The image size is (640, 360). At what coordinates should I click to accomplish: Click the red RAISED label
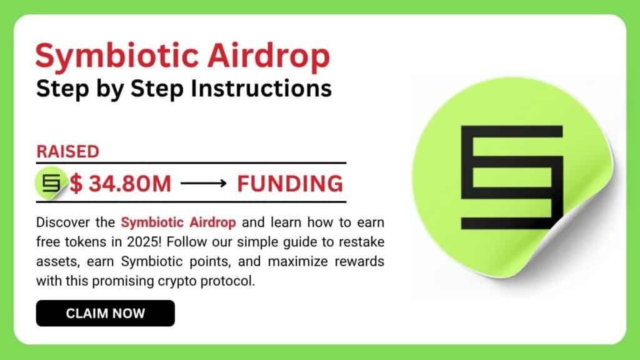pos(67,151)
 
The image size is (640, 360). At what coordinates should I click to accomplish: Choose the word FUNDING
pos(290,184)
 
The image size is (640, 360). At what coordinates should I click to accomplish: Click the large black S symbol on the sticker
pos(511,177)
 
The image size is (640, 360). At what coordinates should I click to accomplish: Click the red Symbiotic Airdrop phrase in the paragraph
pos(178,222)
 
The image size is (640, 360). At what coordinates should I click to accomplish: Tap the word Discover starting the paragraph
pos(61,222)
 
